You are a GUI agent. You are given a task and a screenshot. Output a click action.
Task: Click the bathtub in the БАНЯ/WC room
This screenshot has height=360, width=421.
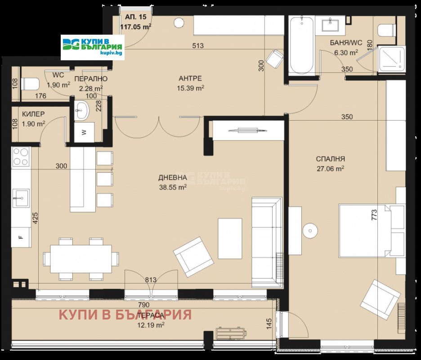(301, 45)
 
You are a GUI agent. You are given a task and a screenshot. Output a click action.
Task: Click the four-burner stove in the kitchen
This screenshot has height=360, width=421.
(21, 157)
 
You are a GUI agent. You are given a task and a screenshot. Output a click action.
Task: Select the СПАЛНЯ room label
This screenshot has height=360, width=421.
(330, 159)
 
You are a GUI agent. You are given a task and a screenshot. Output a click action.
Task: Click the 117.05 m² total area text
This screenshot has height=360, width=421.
(135, 27)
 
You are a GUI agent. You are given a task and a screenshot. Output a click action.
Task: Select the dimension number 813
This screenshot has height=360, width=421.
(150, 280)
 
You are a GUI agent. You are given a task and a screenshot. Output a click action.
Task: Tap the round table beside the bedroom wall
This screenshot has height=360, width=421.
(310, 230)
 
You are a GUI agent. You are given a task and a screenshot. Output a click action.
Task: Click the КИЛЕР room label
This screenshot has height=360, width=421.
(33, 114)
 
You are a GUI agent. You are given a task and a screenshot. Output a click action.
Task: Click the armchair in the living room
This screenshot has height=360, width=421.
(193, 257)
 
